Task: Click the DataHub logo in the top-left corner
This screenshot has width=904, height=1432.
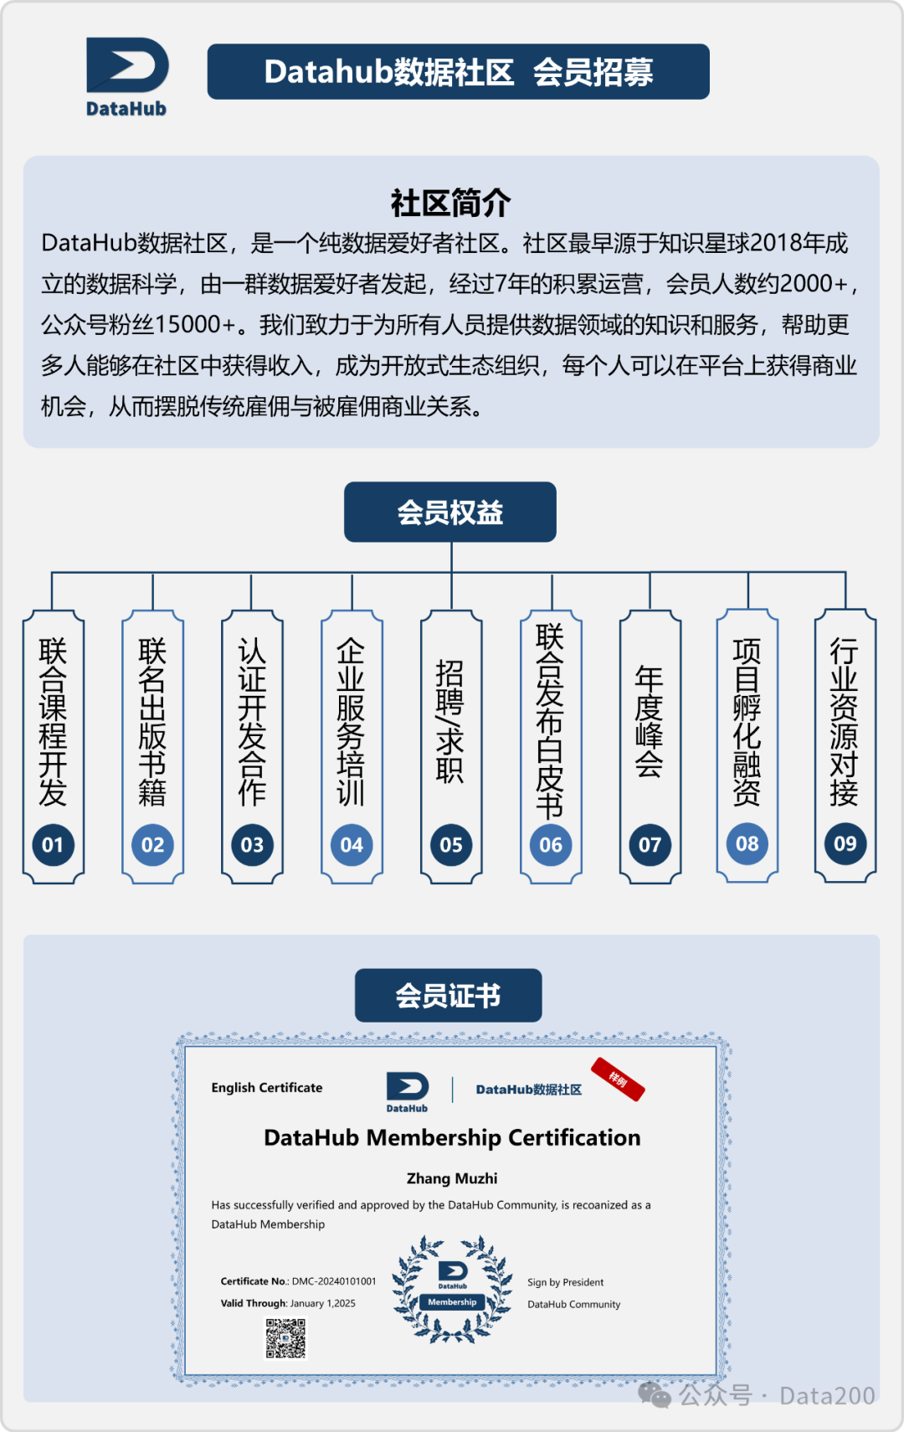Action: (127, 75)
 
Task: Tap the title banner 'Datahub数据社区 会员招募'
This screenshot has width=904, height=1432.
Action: (458, 72)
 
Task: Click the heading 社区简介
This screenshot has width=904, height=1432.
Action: (450, 203)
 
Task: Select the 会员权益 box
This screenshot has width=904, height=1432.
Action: (450, 512)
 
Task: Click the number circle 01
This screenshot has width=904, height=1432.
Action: (53, 845)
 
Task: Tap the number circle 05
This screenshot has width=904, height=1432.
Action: (451, 845)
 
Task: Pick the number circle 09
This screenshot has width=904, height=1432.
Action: (845, 843)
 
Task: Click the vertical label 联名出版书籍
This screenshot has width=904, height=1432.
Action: (152, 722)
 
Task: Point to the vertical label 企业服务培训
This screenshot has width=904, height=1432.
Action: (352, 722)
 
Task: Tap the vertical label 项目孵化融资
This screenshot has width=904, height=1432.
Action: (747, 722)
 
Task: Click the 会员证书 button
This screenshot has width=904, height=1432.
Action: (448, 996)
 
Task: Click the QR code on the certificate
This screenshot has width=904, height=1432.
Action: (285, 1338)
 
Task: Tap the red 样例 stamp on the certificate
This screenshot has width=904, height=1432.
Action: (618, 1079)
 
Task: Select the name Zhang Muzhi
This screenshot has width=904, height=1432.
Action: (452, 1178)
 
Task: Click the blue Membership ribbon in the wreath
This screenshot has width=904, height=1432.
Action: (452, 1302)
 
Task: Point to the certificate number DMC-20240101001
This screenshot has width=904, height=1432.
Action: (334, 1281)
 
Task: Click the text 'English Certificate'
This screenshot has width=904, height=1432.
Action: (267, 1088)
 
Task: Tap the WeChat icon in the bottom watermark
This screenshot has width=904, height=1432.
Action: (655, 1395)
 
